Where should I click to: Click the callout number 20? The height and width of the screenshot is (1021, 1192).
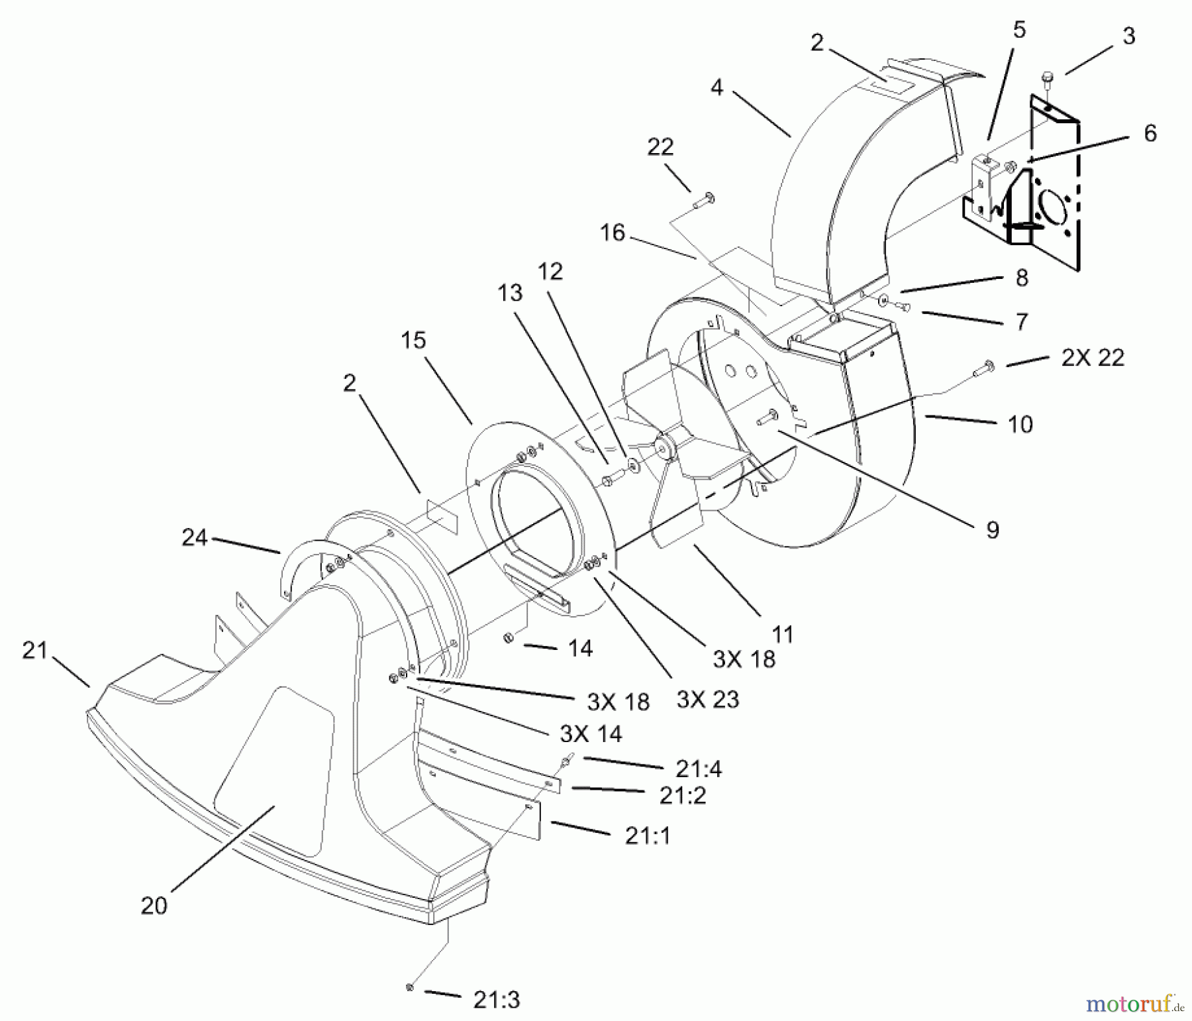point(154,905)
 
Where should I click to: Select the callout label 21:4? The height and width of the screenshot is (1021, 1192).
point(699,769)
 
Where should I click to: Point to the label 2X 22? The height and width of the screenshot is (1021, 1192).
point(1093,358)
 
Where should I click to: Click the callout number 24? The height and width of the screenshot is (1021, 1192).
point(195,537)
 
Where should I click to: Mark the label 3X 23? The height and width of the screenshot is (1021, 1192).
point(708,699)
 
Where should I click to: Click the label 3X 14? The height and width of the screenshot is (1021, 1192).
point(591,733)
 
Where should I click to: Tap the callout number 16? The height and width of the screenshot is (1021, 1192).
point(613,233)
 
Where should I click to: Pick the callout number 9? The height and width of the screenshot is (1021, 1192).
point(992,529)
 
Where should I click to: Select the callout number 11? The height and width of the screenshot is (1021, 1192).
point(783,634)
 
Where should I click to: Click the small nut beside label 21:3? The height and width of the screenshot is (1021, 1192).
point(410,988)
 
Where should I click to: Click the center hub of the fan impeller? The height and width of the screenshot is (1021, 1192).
point(663,445)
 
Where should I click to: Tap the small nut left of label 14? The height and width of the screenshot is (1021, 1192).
point(509,637)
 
